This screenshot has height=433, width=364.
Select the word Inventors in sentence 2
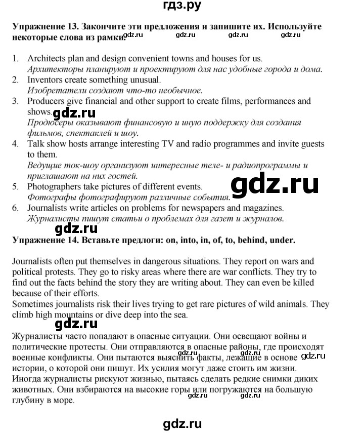[x=44, y=80]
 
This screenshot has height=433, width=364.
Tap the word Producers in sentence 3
[x=45, y=101]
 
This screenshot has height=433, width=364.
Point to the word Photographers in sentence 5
[x=52, y=187]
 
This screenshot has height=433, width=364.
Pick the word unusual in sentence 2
[x=145, y=80]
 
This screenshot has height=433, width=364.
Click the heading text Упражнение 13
[x=42, y=26]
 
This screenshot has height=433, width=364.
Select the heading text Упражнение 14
[x=42, y=241]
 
